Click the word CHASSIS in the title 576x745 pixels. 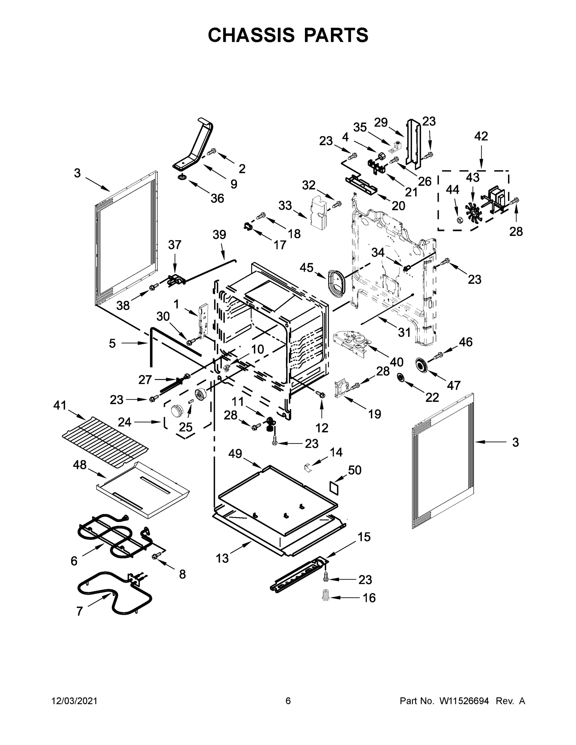point(251,35)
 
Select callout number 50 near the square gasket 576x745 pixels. point(355,470)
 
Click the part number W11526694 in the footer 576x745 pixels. point(464,701)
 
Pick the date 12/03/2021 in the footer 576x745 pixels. point(75,701)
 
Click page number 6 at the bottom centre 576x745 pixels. point(288,701)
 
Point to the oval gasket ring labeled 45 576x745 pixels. point(336,282)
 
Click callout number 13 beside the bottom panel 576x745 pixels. point(222,558)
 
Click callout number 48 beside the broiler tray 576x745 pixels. point(79,465)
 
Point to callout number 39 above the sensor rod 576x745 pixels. point(220,235)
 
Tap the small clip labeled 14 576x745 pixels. point(308,467)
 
